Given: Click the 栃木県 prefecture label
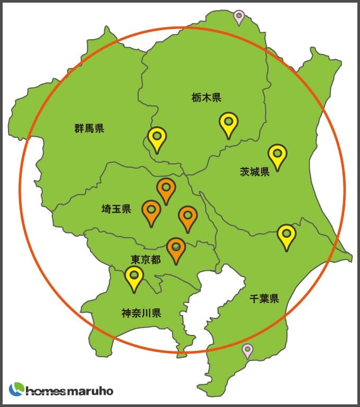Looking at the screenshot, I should (x=206, y=98).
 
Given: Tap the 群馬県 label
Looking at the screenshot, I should (x=89, y=128).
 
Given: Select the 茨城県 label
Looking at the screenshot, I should (x=255, y=171).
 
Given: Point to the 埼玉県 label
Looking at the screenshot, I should (x=116, y=209).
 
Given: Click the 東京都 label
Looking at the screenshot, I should (x=145, y=260).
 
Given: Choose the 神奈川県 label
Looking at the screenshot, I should (x=141, y=313).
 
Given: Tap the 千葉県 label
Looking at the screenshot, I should (x=264, y=298).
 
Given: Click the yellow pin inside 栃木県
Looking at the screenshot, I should (x=229, y=123).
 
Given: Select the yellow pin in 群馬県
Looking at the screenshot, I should (x=157, y=138).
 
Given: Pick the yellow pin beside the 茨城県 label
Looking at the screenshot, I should (x=277, y=155).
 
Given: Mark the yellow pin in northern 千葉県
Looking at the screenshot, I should (x=286, y=235).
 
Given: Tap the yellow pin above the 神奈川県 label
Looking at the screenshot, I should (x=134, y=277).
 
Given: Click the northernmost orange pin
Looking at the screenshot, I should (x=166, y=189).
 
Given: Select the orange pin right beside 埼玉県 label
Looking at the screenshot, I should (x=151, y=211).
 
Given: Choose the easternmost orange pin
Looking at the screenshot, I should (x=187, y=217).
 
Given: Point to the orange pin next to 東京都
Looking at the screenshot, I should (x=176, y=249).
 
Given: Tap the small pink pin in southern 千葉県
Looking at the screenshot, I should (x=247, y=350).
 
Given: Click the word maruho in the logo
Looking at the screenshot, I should (x=91, y=391).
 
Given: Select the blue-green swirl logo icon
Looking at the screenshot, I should (x=16, y=390).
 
